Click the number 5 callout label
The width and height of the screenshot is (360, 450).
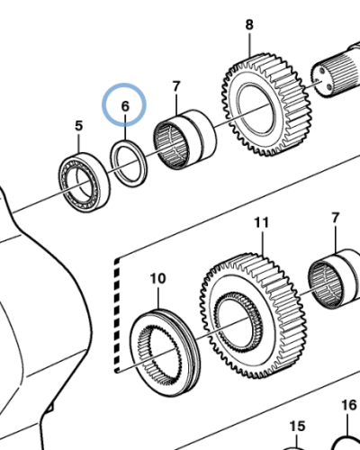77,125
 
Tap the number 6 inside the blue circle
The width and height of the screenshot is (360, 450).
126,106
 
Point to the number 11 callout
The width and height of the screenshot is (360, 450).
261,220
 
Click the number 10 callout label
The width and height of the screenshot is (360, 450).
157,278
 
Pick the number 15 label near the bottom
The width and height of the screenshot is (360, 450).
296,426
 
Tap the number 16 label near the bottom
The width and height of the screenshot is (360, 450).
349,405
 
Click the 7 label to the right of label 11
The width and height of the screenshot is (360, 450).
336,218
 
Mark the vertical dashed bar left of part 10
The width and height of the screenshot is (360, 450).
114,315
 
